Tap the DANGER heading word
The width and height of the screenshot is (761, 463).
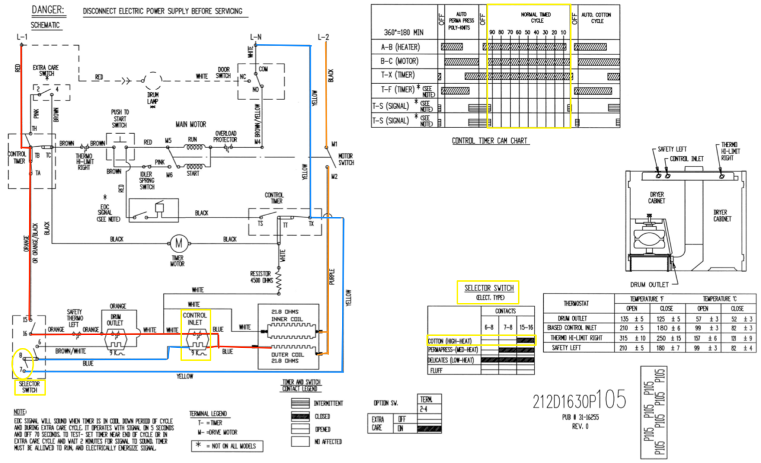click(x=48, y=10)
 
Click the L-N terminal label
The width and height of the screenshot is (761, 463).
click(x=255, y=37)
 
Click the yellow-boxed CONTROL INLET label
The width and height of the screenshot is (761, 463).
click(x=195, y=319)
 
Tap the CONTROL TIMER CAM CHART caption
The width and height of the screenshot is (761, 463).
click(x=491, y=141)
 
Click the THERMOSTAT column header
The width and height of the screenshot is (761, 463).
click(x=577, y=303)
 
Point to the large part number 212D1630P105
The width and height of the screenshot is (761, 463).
click(x=580, y=400)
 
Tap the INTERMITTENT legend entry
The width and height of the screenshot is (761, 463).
click(x=328, y=403)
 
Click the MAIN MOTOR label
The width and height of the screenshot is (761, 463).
click(x=191, y=125)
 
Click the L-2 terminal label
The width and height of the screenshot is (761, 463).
click(x=324, y=37)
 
